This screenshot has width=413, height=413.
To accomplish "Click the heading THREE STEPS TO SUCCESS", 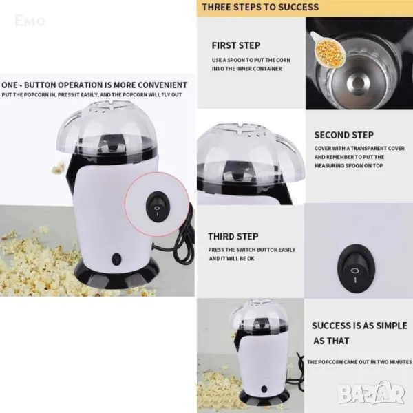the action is tap(260, 7).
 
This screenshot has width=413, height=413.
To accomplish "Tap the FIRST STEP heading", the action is tap(236, 45).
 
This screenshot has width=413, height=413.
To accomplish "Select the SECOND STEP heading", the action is tap(344, 135).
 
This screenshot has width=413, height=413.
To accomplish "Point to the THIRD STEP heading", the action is tap(233, 236).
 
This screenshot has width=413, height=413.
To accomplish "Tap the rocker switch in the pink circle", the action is tap(157, 206).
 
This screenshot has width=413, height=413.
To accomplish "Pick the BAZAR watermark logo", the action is tap(372, 394).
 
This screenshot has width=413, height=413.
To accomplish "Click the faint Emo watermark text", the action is tap(30, 21).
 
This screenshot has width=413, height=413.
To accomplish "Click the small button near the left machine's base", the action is tap(116, 259).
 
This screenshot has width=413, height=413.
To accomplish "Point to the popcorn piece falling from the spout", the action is tap(58, 168).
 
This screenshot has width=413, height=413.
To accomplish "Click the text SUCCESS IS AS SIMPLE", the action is tap(359, 326).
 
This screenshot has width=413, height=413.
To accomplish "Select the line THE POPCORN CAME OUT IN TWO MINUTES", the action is tap(359, 362).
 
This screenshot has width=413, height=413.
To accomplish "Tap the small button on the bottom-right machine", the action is tap(264, 389).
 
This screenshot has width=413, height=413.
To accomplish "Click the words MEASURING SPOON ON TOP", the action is tap(349, 166).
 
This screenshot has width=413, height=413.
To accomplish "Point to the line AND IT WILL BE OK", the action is tap(232, 259).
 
